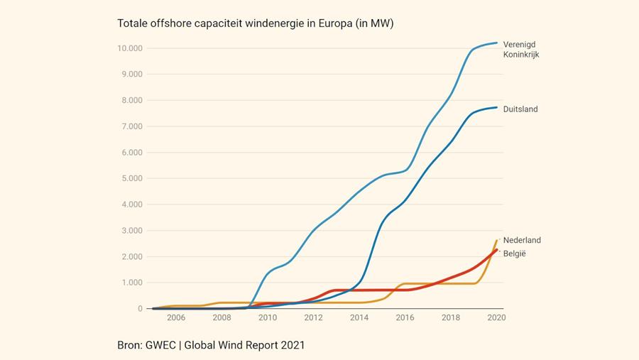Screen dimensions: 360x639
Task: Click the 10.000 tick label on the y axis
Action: pyautogui.click(x=130, y=48)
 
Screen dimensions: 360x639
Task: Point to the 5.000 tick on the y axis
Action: pyautogui.click(x=131, y=178)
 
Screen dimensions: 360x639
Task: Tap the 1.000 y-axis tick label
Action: pyautogui.click(x=131, y=283)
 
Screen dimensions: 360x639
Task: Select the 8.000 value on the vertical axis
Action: pyautogui.click(x=131, y=100)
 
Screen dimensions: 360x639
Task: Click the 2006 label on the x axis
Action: pyautogui.click(x=175, y=318)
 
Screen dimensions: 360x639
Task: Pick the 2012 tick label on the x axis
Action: pyautogui.click(x=313, y=318)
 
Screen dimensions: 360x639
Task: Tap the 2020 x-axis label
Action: pyautogui.click(x=496, y=318)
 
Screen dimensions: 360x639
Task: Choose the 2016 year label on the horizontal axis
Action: pyautogui.click(x=405, y=318)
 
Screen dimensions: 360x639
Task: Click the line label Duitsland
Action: pyautogui.click(x=520, y=109)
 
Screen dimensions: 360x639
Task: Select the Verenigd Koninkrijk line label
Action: pyautogui.click(x=521, y=49)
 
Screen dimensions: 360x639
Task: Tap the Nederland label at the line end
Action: pyautogui.click(x=522, y=241)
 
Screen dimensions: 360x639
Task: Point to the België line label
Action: pyautogui.click(x=515, y=253)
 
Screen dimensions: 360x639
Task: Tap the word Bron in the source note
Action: pyautogui.click(x=130, y=345)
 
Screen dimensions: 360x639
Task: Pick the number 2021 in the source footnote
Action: pyautogui.click(x=292, y=345)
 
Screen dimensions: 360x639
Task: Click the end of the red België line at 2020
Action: pyautogui.click(x=496, y=249)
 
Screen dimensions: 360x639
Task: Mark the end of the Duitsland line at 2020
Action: pyautogui.click(x=496, y=107)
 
